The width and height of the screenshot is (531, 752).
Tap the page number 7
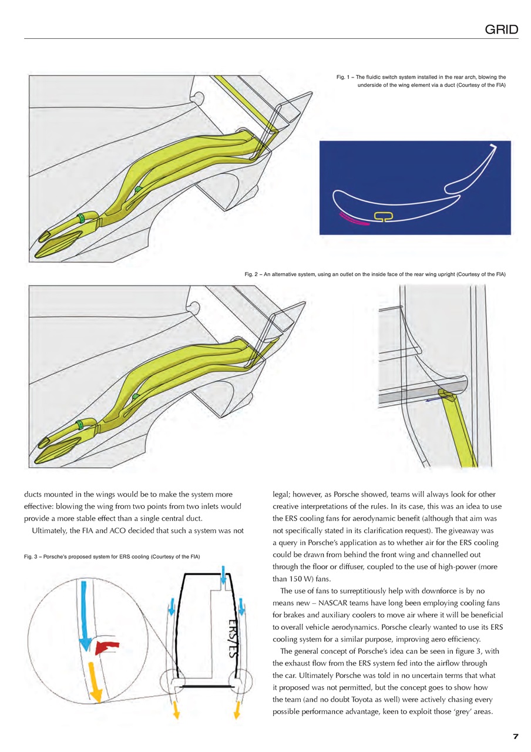click(x=515, y=736)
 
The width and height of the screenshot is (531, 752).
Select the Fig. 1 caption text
click(x=421, y=81)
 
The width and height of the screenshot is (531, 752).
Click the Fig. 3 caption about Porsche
click(x=112, y=556)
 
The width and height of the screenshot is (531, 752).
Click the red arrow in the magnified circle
click(x=108, y=646)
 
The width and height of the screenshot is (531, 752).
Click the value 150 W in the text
click(x=290, y=578)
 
